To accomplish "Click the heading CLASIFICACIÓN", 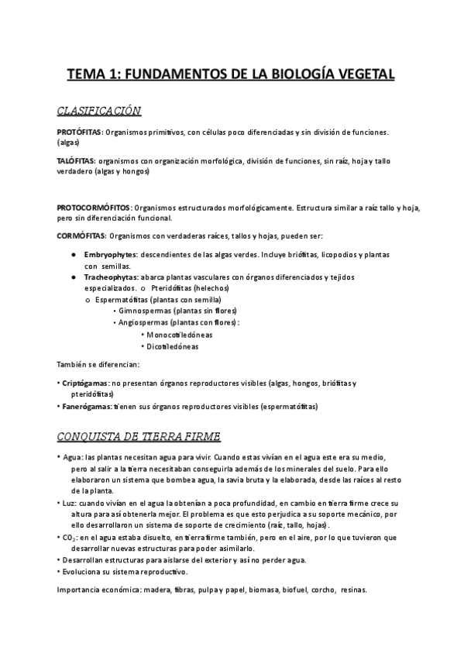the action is pyautogui.click(x=99, y=111).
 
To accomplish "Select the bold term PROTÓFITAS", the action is pyautogui.click(x=80, y=132).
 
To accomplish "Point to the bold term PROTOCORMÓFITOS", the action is pyautogui.click(x=95, y=208).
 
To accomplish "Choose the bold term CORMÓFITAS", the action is pyautogui.click(x=81, y=236).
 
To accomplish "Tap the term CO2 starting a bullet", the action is pyautogui.click(x=69, y=537).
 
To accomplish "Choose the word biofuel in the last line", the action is pyautogui.click(x=294, y=590).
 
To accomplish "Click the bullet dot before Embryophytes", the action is pyautogui.click(x=72, y=255).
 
